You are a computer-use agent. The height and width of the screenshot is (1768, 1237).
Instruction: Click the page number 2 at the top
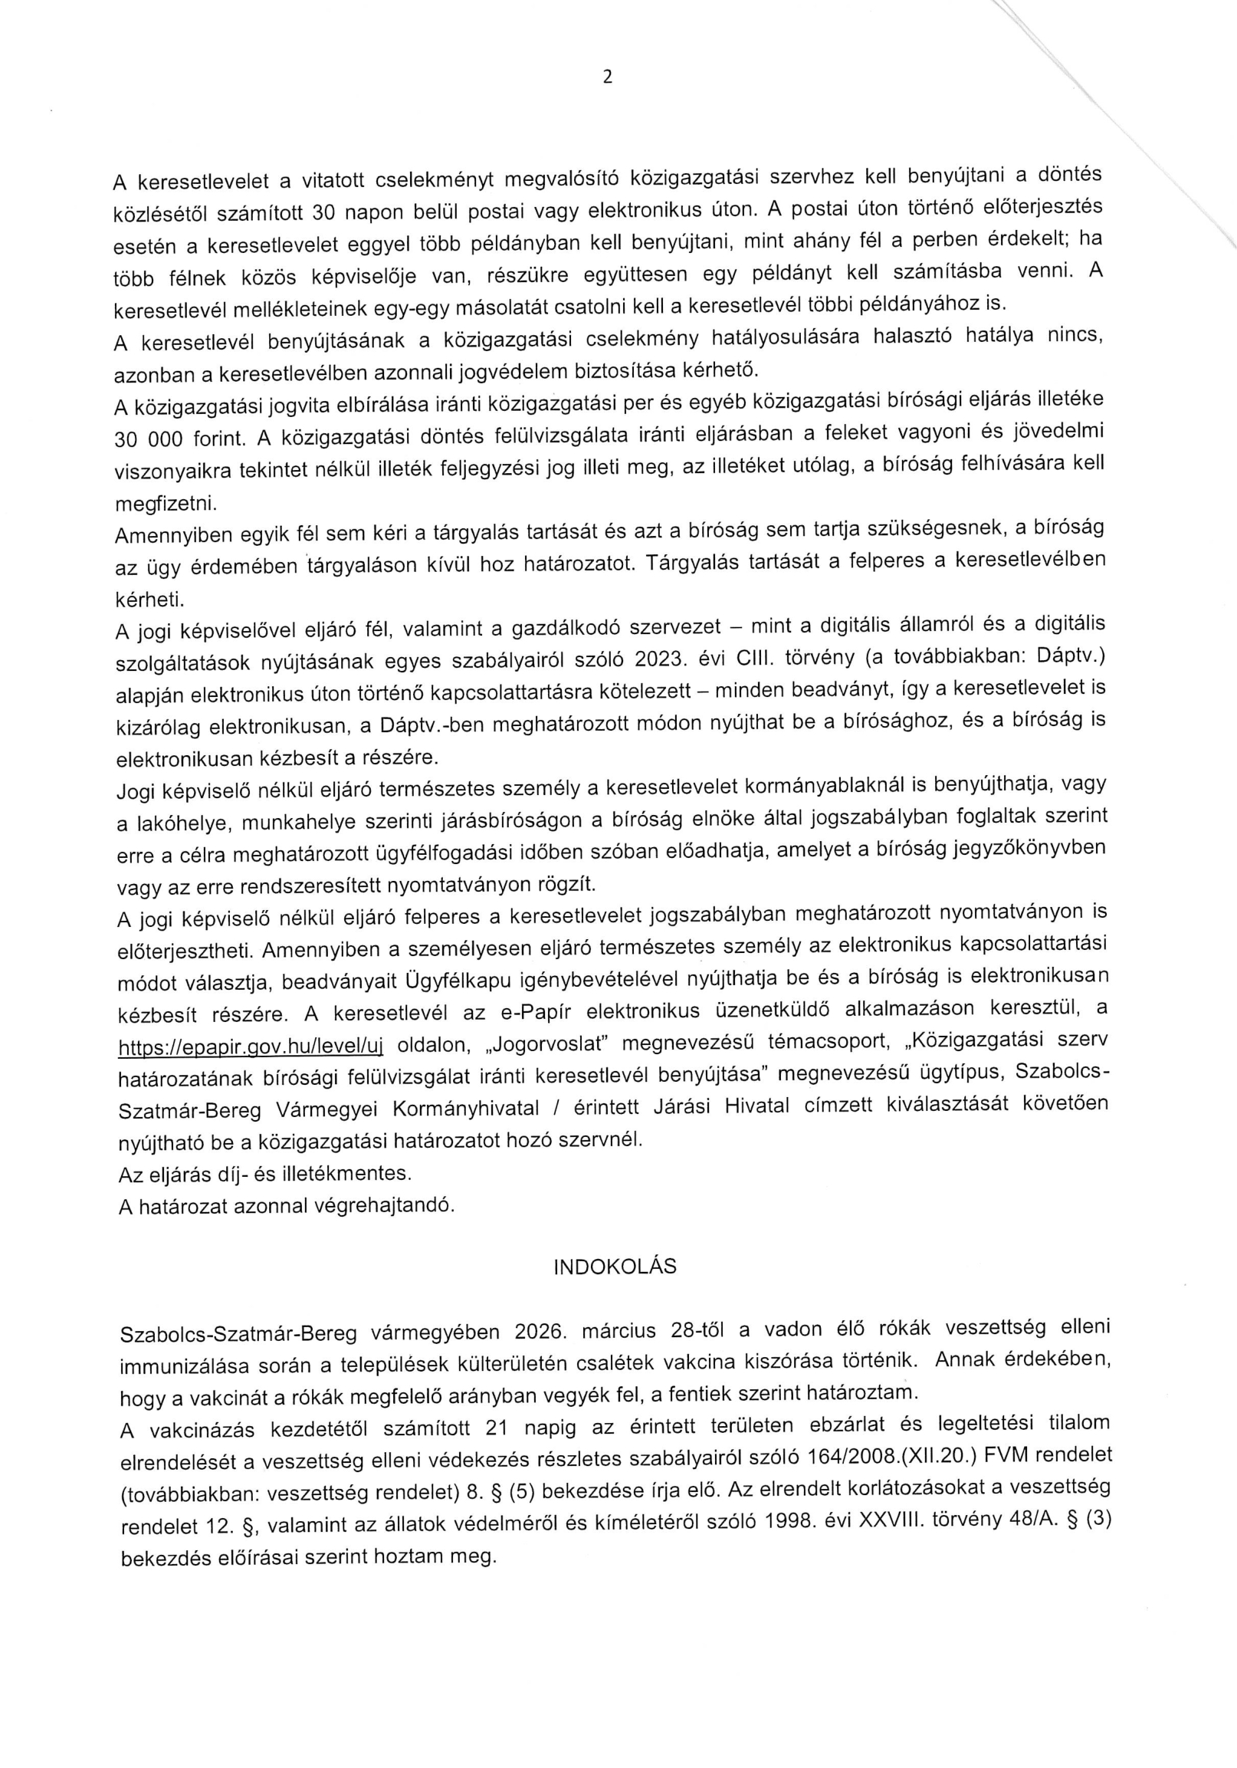coord(608,77)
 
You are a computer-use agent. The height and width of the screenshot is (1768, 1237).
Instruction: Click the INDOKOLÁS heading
coord(614,1267)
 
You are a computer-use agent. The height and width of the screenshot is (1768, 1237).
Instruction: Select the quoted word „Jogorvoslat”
coord(546,1043)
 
